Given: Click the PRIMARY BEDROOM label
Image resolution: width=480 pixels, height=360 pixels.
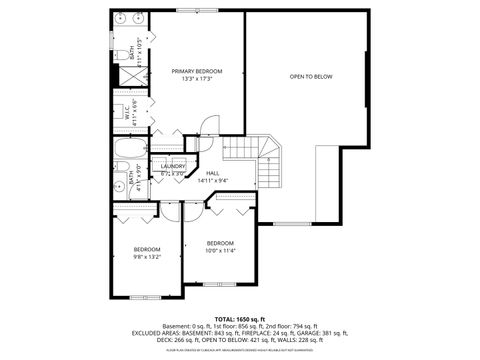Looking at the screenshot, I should (x=196, y=71).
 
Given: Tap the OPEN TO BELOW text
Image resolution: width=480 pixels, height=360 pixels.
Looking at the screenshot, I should (x=311, y=76).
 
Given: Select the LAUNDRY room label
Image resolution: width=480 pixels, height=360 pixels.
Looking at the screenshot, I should (x=174, y=166).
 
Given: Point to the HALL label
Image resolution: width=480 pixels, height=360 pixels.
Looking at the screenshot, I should (x=213, y=173).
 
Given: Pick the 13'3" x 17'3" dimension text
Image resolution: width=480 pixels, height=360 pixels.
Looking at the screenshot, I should (x=196, y=79).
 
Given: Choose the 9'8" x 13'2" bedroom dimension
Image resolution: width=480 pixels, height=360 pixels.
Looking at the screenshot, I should (x=147, y=256).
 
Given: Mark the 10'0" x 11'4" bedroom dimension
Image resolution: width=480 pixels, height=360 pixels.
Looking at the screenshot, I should (x=220, y=251).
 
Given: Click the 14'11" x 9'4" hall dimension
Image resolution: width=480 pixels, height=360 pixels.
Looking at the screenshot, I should (x=213, y=181).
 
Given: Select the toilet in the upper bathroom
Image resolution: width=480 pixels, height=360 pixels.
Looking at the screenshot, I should (x=117, y=56).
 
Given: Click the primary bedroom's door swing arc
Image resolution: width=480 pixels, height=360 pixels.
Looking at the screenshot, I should (x=208, y=124).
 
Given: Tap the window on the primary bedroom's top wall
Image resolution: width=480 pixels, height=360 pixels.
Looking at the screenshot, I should (x=186, y=11).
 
